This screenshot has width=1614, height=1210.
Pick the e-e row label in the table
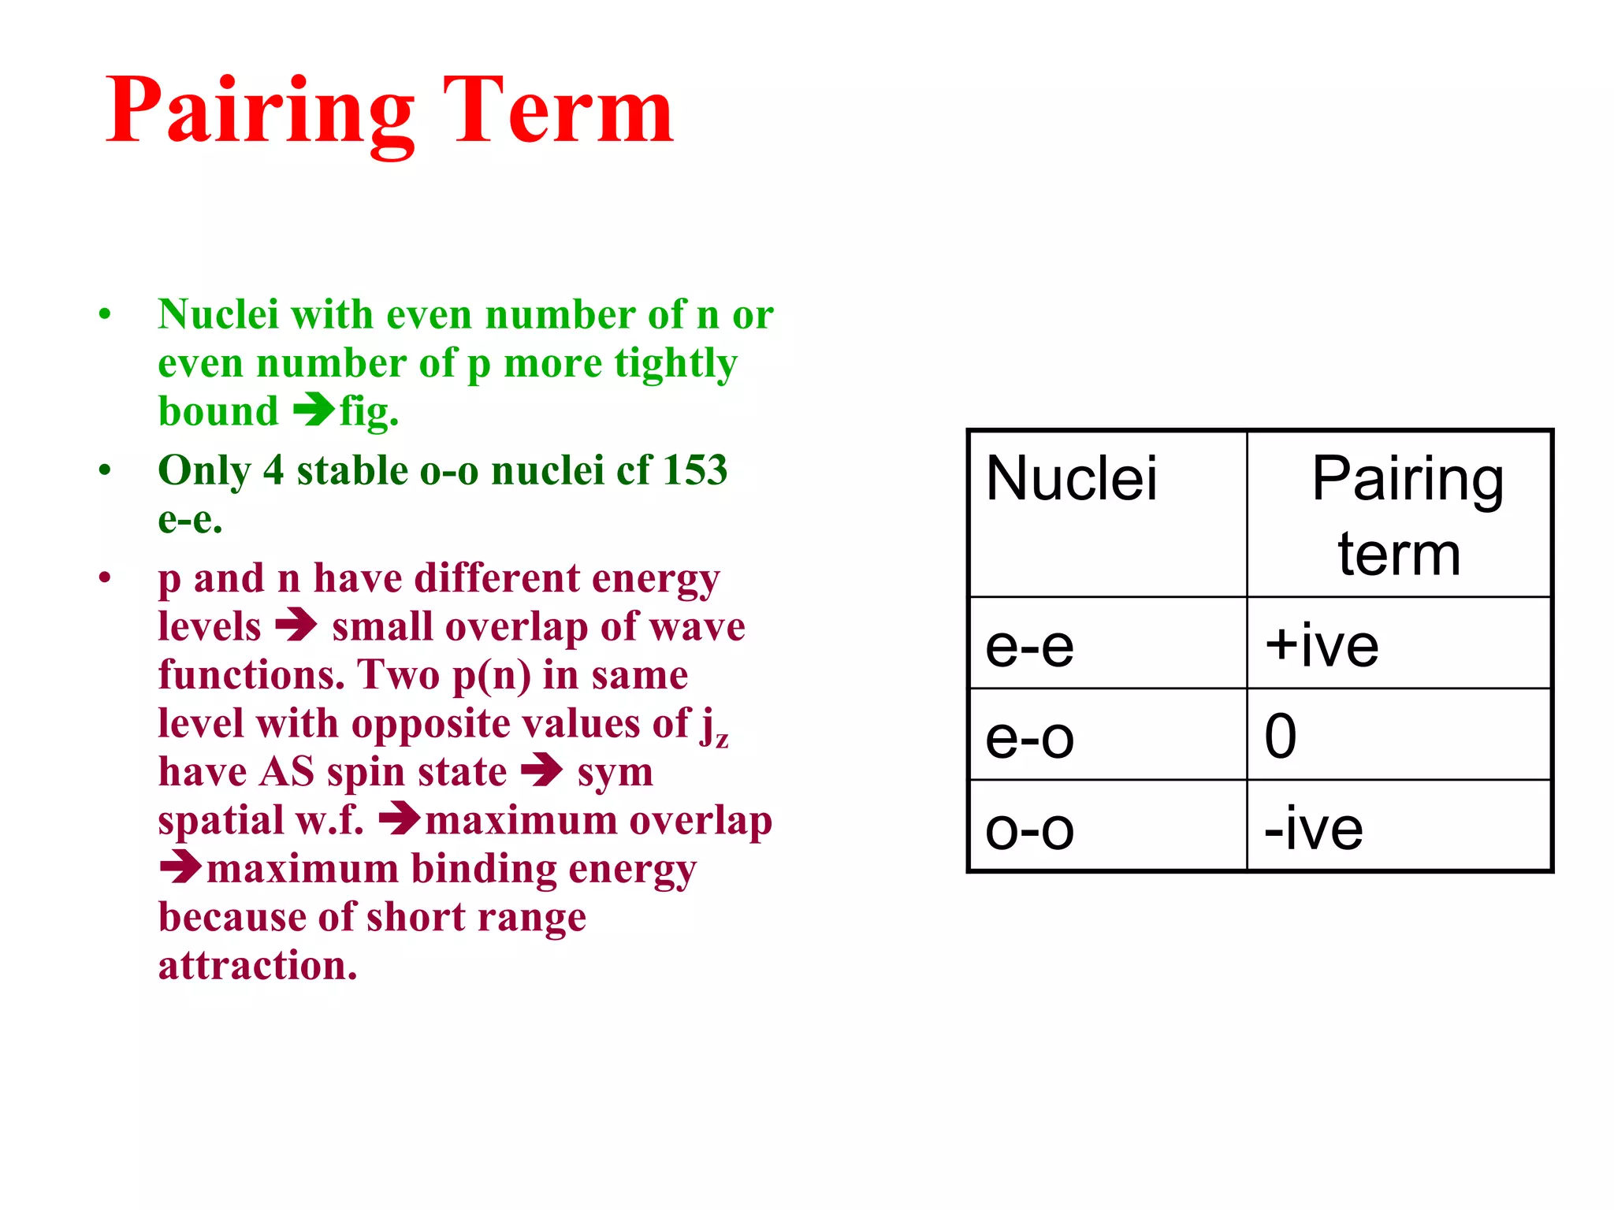pos(1107,644)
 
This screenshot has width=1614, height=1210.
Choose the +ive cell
pos(1400,644)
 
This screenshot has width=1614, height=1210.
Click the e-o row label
pos(1107,735)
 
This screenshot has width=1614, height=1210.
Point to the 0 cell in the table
pos(1400,735)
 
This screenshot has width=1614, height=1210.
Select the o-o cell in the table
pos(1107,826)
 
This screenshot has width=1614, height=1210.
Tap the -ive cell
pos(1400,826)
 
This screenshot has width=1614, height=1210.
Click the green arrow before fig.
pos(314,409)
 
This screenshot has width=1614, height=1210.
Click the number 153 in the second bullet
pos(695,470)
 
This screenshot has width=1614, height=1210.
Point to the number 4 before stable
pos(273,470)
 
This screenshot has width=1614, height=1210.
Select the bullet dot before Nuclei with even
pos(105,315)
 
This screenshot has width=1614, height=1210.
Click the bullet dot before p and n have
pos(105,578)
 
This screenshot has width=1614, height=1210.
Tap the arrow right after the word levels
pos(296,625)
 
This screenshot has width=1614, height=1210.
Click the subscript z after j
pos(721,738)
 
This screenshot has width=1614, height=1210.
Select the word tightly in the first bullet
pos(675,364)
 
